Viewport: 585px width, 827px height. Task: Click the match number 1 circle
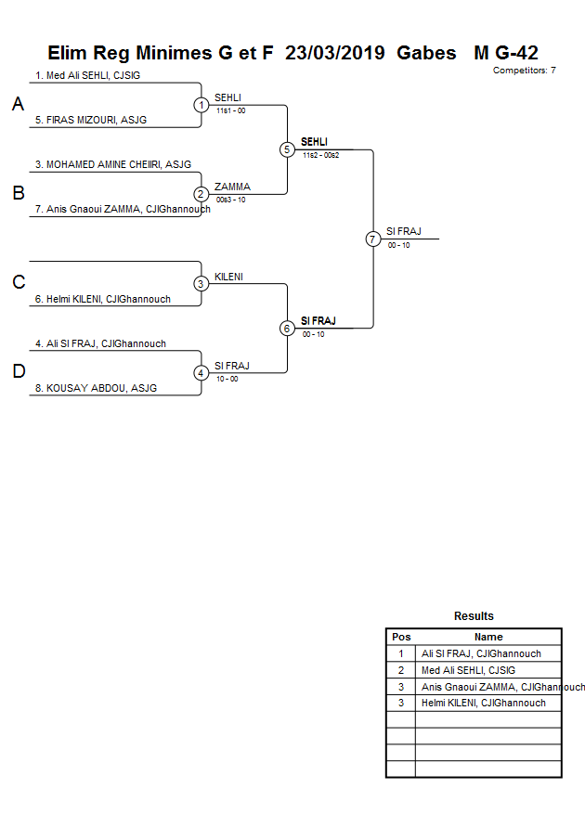[x=201, y=105]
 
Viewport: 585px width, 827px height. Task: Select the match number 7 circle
[x=373, y=239]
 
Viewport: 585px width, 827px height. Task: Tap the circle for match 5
[x=287, y=149]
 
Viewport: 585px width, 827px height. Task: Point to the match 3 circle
[x=201, y=284]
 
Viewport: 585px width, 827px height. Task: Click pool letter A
[x=18, y=105]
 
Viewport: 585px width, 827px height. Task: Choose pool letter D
[x=18, y=372]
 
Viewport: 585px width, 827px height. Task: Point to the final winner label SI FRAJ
[x=404, y=231]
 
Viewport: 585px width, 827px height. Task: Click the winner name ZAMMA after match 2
[x=232, y=187]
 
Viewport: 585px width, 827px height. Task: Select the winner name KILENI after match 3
[x=228, y=277]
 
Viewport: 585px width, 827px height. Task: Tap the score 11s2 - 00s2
[x=320, y=155]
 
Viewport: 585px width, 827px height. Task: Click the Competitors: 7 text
[x=524, y=70]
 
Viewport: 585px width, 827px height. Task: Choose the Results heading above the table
[x=474, y=616]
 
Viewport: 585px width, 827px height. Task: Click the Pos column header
[x=401, y=637]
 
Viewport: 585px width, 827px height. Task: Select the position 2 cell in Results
[x=401, y=670]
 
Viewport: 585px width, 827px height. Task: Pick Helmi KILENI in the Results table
[x=483, y=704]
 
